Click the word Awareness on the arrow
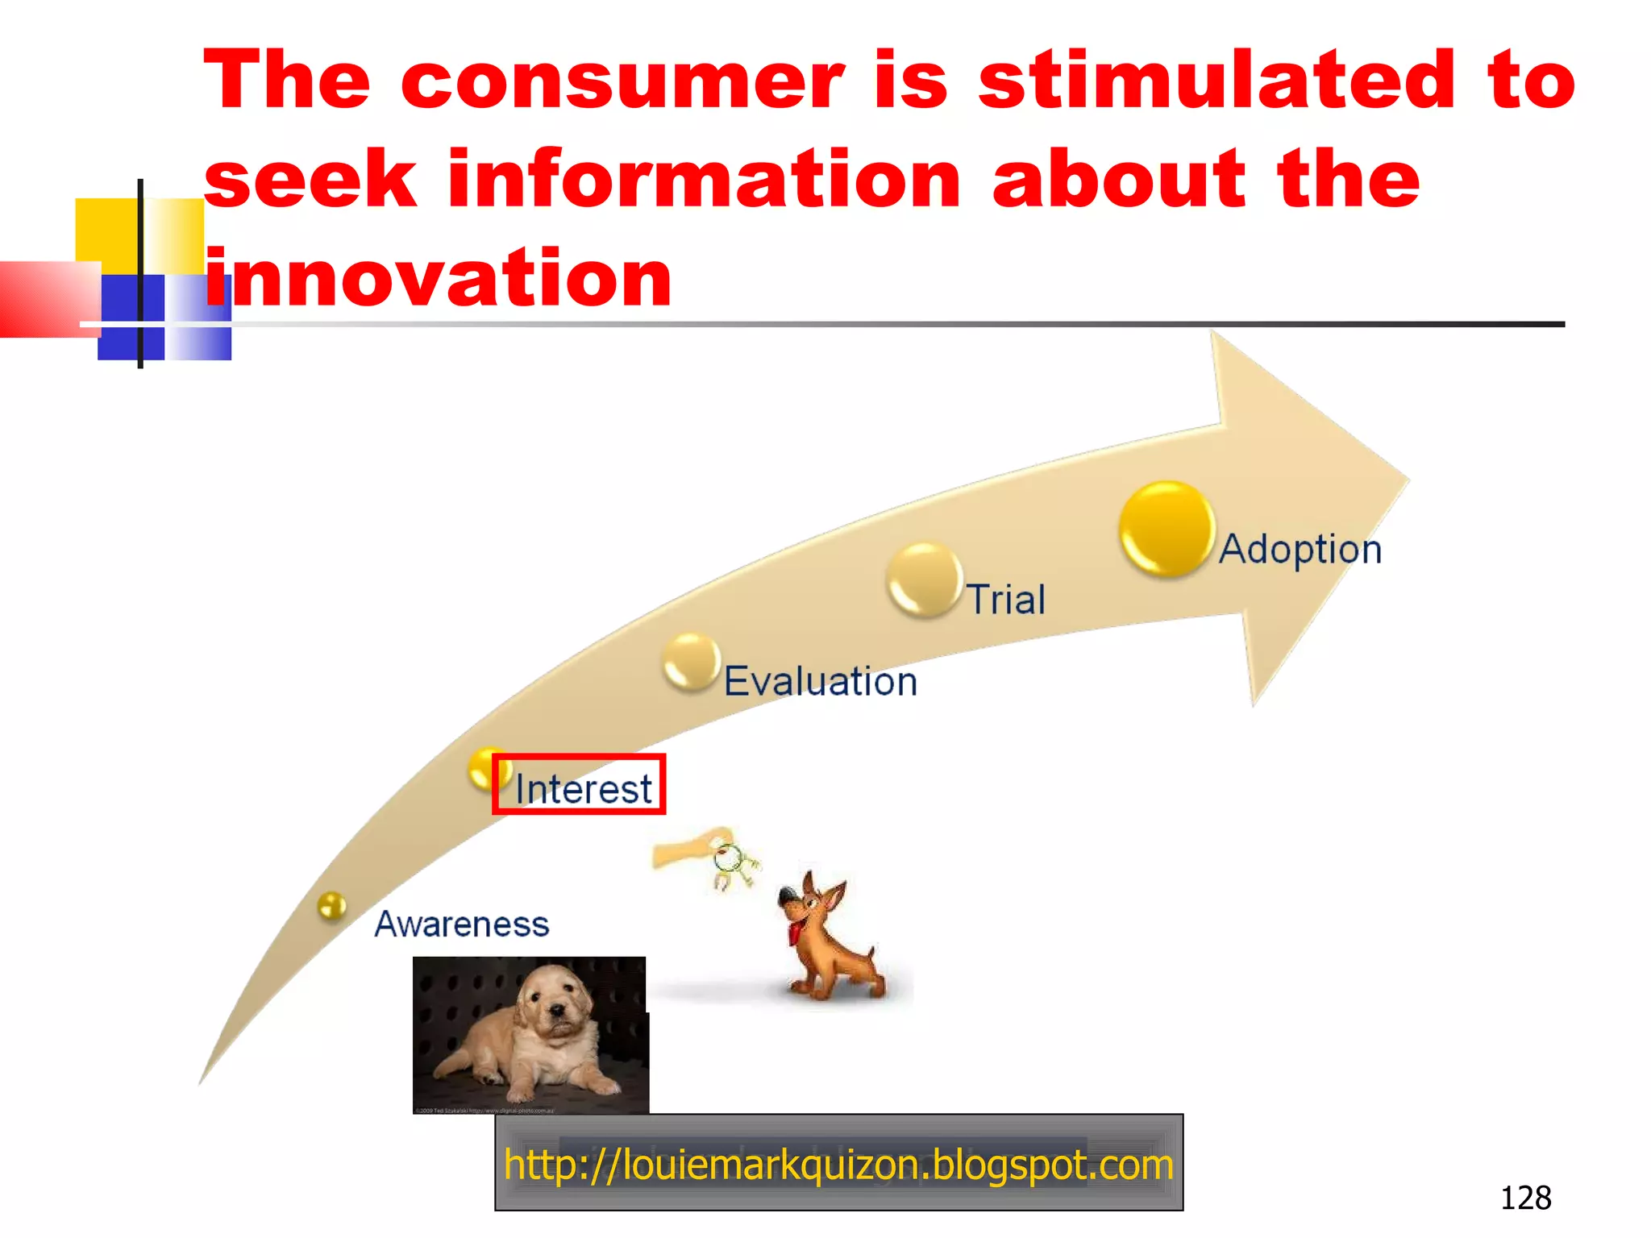[x=461, y=924]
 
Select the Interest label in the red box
[x=583, y=787]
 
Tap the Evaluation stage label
[x=820, y=681]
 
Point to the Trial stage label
[x=1006, y=600]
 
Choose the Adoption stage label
[x=1300, y=549]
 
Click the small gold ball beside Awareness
[x=331, y=906]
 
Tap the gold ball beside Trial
[x=924, y=580]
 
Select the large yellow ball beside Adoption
[x=1167, y=529]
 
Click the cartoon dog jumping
[x=826, y=939]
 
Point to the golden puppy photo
[x=530, y=1035]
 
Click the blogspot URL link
[x=838, y=1164]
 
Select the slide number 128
[x=1525, y=1198]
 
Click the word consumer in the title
[x=622, y=81]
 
